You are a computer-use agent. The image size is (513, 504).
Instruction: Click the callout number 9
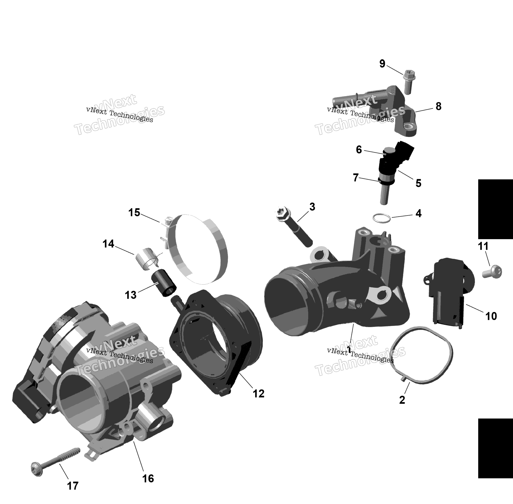click(x=382, y=64)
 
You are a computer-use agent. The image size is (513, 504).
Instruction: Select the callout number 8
click(x=439, y=106)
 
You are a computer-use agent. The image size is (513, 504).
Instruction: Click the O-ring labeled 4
click(x=382, y=218)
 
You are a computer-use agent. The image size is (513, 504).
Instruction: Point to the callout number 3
click(x=312, y=207)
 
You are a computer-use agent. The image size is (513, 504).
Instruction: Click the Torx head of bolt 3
click(x=283, y=213)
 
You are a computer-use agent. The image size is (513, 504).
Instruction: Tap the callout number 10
click(x=491, y=316)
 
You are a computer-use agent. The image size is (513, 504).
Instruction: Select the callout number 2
click(x=402, y=400)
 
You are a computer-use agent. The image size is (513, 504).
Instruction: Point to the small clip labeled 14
click(x=147, y=259)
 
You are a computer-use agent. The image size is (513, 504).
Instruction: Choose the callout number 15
click(x=134, y=213)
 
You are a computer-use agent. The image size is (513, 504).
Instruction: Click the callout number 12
click(x=259, y=394)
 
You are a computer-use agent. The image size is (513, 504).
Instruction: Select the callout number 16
click(x=148, y=478)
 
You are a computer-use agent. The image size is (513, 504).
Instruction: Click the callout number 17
click(x=73, y=486)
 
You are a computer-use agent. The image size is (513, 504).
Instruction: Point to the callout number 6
click(x=359, y=150)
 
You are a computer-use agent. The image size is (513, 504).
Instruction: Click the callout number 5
click(x=418, y=183)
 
